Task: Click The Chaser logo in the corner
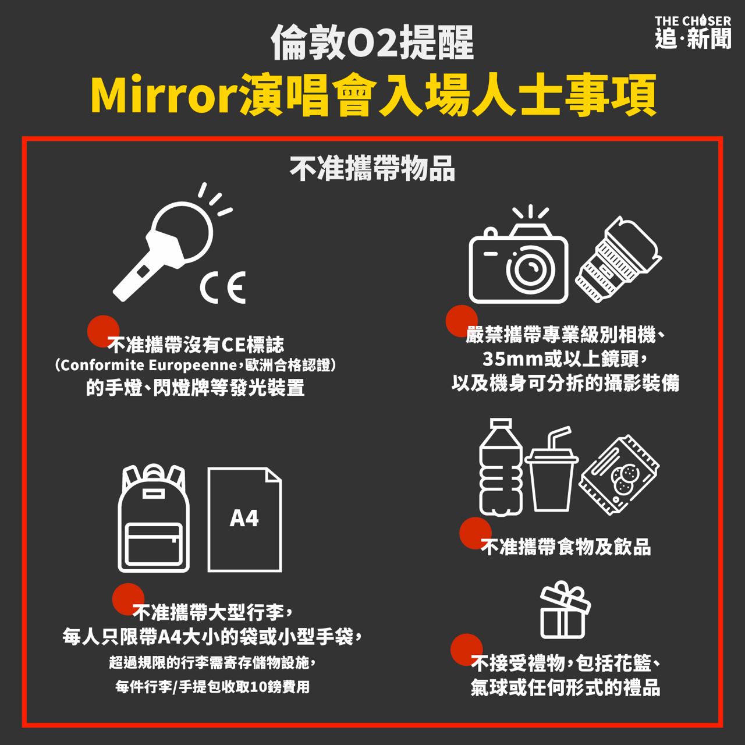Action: point(693,32)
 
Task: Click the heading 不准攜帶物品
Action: point(372,168)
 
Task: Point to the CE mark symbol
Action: point(223,287)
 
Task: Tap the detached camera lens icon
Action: point(618,259)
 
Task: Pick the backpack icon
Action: point(154,517)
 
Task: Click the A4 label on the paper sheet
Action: point(244,519)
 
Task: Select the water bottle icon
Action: point(501,467)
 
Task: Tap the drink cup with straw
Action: point(551,469)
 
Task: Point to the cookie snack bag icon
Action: point(619,475)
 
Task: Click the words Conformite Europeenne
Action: point(148,366)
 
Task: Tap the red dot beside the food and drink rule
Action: point(475,533)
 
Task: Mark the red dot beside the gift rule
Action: point(466,650)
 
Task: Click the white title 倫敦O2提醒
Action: point(372,43)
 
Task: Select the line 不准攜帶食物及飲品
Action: point(566,547)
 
